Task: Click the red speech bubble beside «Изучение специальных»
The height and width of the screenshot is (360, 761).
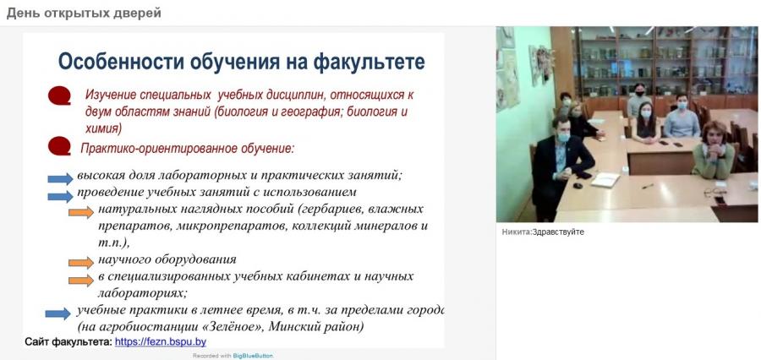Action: tap(59, 95)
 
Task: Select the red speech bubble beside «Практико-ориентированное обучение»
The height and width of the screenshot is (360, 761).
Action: tap(59, 146)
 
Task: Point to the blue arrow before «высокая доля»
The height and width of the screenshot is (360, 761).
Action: tap(60, 179)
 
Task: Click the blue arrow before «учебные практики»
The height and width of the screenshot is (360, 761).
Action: tap(57, 314)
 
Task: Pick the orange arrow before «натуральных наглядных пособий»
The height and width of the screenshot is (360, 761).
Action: tap(81, 212)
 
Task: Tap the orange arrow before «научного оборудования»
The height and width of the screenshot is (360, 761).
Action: tap(81, 263)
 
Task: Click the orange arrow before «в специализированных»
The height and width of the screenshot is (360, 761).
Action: tap(81, 281)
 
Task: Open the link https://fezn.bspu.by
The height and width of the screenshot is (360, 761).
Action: tap(161, 342)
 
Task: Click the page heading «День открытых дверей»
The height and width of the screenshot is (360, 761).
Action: tap(84, 14)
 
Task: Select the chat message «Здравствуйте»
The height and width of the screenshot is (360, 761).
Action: tap(558, 232)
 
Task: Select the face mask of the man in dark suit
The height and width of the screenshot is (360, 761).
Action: tap(562, 138)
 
